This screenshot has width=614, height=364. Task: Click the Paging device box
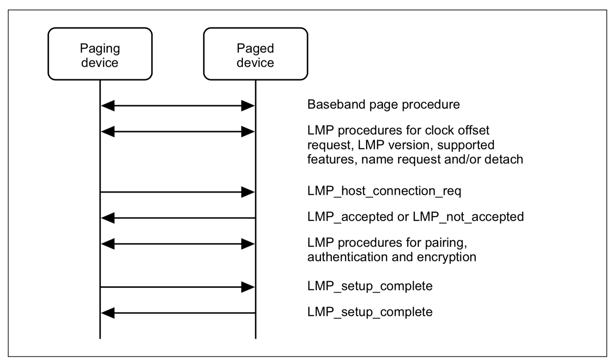point(100,54)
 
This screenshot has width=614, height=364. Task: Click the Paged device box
point(255,54)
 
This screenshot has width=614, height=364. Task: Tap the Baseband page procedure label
point(383,104)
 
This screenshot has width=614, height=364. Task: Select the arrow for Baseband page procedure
point(178,105)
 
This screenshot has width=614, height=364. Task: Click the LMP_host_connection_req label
point(384,191)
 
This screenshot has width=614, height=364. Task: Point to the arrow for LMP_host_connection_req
point(178,192)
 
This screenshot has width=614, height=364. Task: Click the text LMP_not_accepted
point(468,217)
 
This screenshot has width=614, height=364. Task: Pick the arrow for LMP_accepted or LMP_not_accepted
point(178,218)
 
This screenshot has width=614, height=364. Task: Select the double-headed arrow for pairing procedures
point(178,244)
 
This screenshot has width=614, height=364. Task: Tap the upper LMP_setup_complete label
point(370,286)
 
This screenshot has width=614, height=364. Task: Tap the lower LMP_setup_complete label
point(370,312)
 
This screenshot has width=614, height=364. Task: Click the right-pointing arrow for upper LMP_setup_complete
point(178,287)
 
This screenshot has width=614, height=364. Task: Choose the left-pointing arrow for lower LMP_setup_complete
point(178,313)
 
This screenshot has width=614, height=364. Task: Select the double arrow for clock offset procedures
point(178,132)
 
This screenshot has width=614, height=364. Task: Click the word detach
point(503,159)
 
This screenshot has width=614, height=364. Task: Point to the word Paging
point(100,48)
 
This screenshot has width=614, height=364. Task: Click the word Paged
point(255,48)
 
